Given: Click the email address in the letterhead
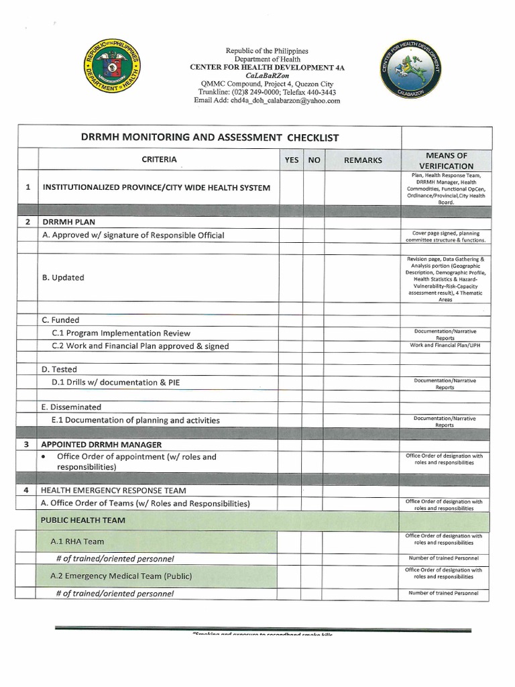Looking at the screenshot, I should tap(267, 101).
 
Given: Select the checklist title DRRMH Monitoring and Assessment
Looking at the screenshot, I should tap(210, 138).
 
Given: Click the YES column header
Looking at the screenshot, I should tap(292, 160).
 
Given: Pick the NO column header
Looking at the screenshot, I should tap(314, 160).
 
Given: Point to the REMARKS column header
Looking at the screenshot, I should tap(363, 160).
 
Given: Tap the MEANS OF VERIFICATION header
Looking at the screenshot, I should tap(446, 160).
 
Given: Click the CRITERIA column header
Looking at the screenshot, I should tap(159, 160).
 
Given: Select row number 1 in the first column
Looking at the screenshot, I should tap(27, 187).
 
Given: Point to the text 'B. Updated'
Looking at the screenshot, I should tap(63, 277).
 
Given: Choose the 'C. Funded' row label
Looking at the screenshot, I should tap(60, 320).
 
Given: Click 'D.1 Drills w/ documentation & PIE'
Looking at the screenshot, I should tap(115, 382).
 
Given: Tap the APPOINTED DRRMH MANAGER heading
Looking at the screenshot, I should tap(101, 444).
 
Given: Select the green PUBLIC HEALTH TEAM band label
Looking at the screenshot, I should tap(82, 520).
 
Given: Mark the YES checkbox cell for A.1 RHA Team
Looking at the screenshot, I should tap(291, 541).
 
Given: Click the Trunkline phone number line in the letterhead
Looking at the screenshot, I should tap(267, 92).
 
